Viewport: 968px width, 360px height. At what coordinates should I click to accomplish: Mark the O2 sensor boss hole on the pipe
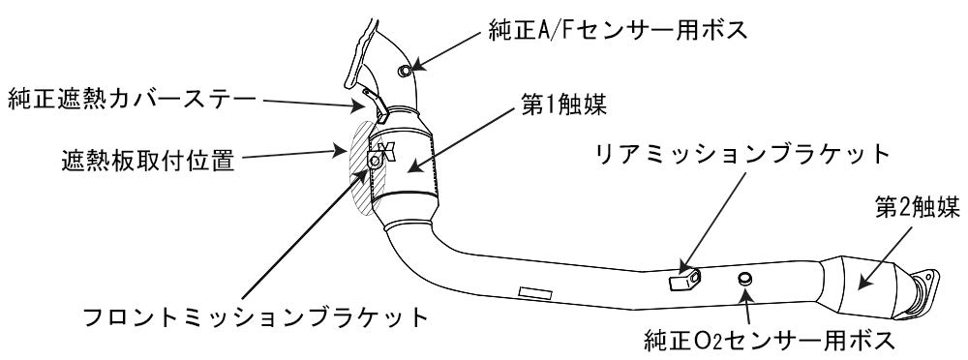click(745, 280)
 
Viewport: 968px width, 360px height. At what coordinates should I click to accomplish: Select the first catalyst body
click(411, 170)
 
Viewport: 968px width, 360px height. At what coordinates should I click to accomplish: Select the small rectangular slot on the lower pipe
click(533, 290)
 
